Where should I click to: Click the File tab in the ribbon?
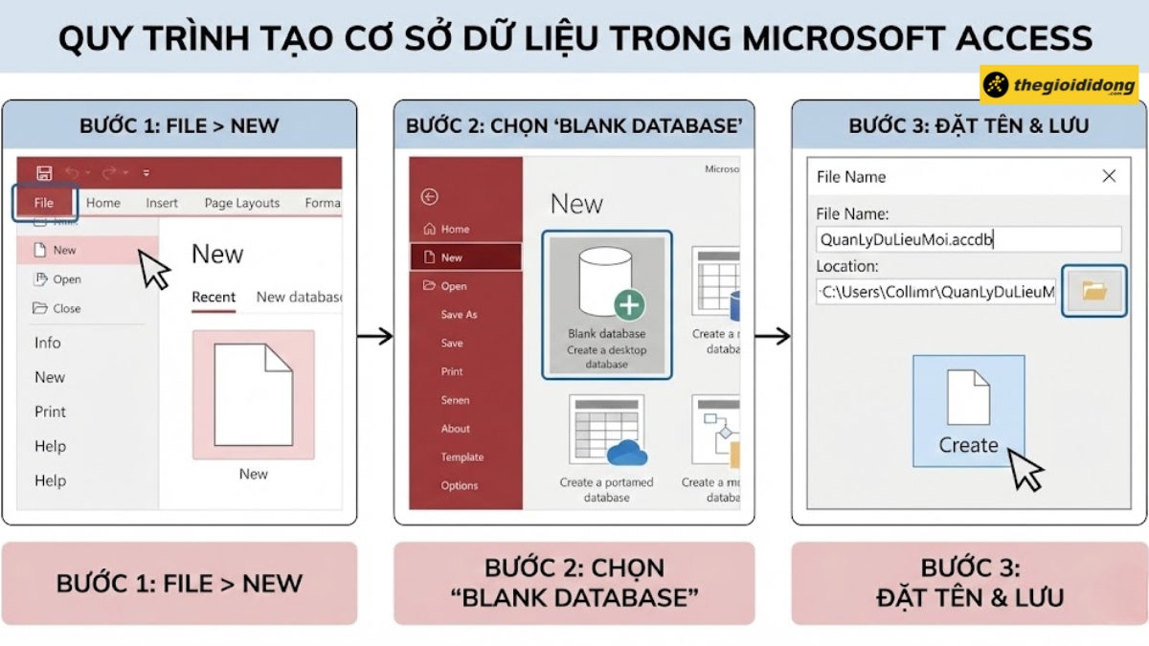(x=44, y=203)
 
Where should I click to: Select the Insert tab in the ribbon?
(x=162, y=203)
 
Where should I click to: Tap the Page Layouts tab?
(x=241, y=203)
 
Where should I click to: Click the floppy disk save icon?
(x=44, y=173)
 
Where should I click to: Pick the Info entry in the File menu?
(x=48, y=343)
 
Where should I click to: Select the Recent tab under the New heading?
(x=214, y=297)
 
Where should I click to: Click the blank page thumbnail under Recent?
(x=253, y=394)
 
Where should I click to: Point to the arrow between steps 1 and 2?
(x=374, y=336)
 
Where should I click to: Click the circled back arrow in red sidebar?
(x=429, y=197)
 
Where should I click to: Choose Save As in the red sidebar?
(x=459, y=315)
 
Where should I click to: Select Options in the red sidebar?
(x=460, y=486)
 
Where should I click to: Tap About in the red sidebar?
(x=456, y=429)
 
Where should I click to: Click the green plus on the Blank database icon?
(x=629, y=305)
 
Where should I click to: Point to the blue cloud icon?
(x=627, y=453)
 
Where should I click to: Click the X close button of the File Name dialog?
(x=1109, y=176)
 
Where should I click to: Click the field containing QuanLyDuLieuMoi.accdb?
(x=968, y=239)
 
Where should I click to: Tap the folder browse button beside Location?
(x=1094, y=291)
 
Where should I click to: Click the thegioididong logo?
(x=1059, y=85)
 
